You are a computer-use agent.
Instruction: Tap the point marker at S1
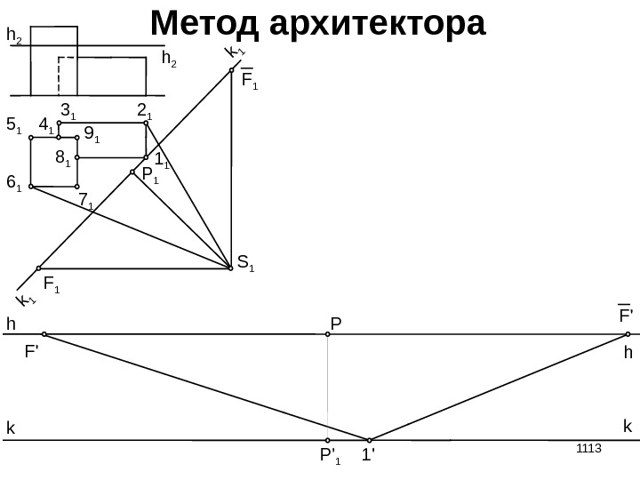tap(231, 266)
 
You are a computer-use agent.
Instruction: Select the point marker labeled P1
tap(132, 172)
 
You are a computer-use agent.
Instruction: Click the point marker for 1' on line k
tap(369, 439)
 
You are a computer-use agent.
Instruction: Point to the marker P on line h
tap(328, 335)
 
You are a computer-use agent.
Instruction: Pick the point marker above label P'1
tap(328, 439)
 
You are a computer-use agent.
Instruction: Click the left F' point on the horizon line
tap(44, 335)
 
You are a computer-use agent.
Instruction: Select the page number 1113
tap(589, 446)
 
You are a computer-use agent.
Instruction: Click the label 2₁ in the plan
tap(144, 109)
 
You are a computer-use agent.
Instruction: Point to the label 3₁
tap(68, 111)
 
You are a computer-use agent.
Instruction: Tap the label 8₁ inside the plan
tap(62, 158)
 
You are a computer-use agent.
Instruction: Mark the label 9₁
tap(92, 135)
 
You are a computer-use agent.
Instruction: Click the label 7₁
tap(86, 202)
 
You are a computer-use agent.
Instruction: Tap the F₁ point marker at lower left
tap(39, 267)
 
